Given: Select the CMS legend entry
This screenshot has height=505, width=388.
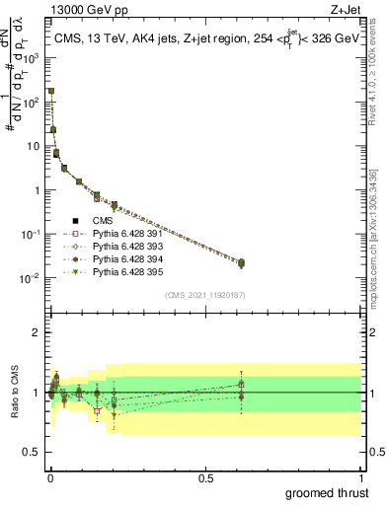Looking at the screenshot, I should point(105,221).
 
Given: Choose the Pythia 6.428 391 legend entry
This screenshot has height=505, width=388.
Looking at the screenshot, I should point(128,234).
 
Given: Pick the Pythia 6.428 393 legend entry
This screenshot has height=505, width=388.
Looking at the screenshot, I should point(128,247).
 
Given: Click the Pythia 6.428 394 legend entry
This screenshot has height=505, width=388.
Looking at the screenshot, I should point(128,259).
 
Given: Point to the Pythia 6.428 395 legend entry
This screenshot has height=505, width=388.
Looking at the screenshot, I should point(128,272).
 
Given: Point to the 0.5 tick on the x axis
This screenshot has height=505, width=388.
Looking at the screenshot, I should point(205,477).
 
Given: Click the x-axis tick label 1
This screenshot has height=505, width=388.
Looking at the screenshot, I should point(360,477).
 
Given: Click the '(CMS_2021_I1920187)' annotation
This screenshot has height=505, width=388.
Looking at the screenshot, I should point(204,295).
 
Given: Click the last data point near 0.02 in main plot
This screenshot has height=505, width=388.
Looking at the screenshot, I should point(242,262).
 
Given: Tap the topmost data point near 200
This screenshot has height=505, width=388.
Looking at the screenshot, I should point(51,91).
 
